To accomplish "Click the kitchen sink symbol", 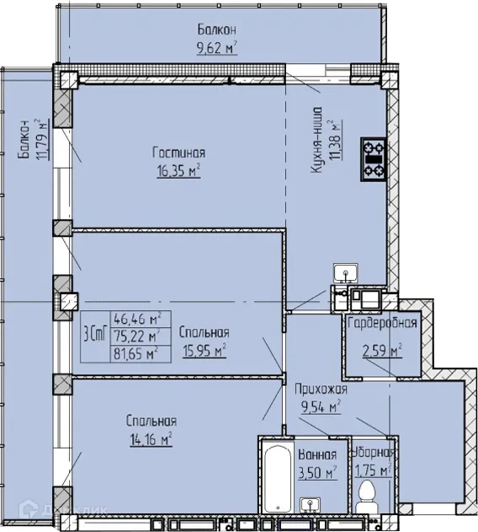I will [x=344, y=273].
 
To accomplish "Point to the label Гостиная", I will [x=178, y=153].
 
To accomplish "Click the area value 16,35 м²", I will [x=178, y=171].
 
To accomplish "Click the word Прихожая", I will [x=320, y=389].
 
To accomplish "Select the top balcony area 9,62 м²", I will [x=215, y=48].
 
